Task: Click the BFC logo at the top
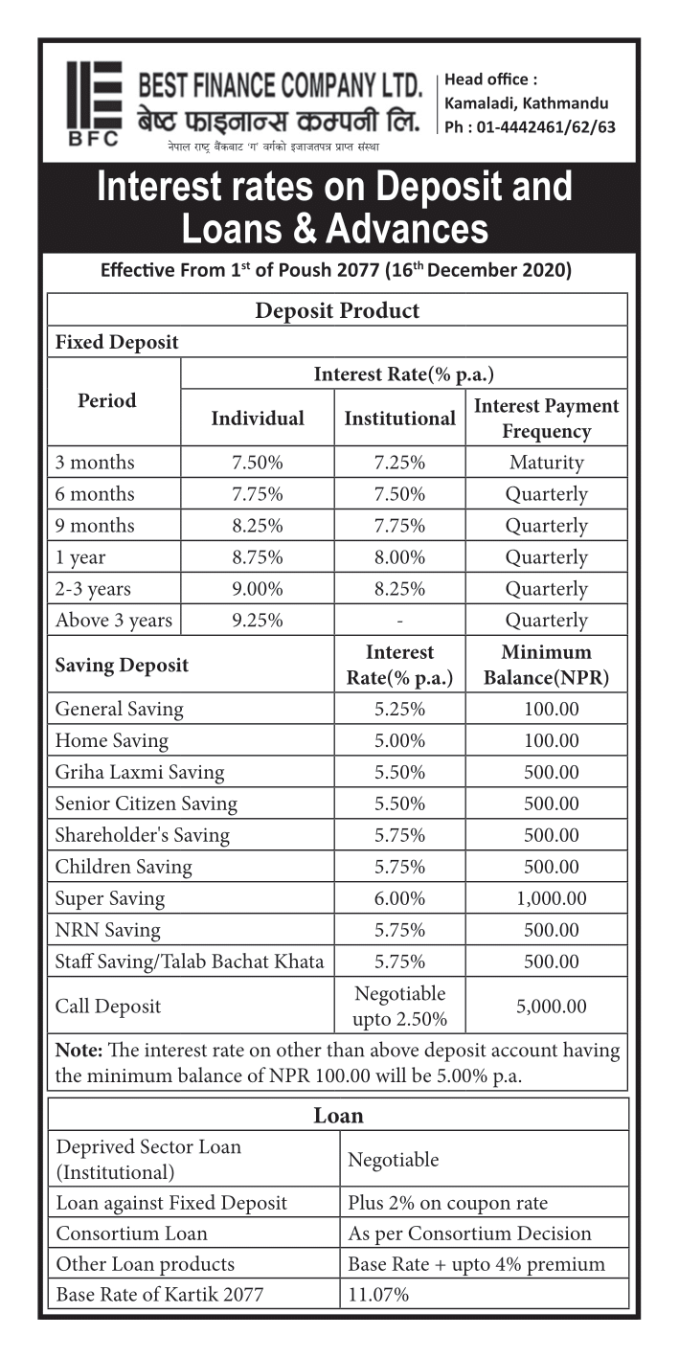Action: coord(93,102)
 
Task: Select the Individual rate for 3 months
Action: coord(257,463)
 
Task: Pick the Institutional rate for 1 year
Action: coord(399,557)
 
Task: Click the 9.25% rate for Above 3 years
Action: coord(257,621)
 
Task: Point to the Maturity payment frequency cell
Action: coord(546,463)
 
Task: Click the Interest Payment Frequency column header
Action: coord(546,419)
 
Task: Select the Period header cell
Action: coord(106,401)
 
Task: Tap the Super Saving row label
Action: coord(110,898)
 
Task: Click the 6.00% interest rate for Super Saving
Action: coord(399,898)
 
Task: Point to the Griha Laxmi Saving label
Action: coord(139,772)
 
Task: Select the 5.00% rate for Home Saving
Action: coord(399,740)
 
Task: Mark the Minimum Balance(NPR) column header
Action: coord(546,666)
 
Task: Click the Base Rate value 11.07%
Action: coord(378,1295)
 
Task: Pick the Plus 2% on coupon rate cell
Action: coord(447,1203)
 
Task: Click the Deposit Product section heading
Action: coord(337,310)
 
